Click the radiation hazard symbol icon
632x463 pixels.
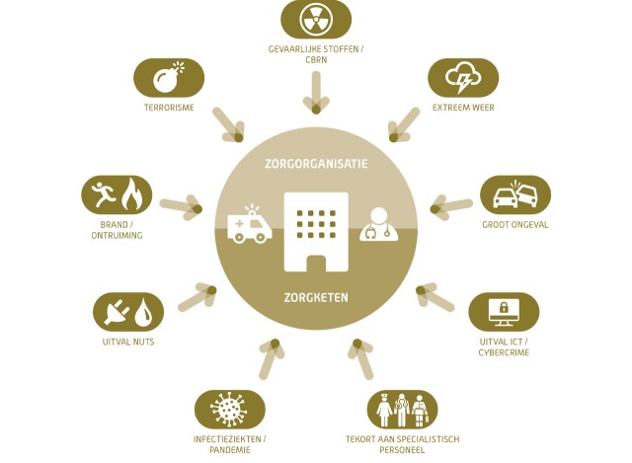[x=316, y=19]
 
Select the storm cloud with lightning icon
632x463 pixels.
[x=463, y=77]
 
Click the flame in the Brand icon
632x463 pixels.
[x=131, y=194]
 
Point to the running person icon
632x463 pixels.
[x=104, y=194]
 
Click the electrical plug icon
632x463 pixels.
[x=117, y=312]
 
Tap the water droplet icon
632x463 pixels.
[x=142, y=312]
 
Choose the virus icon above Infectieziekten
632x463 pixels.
[x=228, y=409]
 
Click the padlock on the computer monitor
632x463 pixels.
[x=504, y=308]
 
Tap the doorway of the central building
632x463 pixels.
[x=316, y=264]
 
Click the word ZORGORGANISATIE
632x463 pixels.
[x=316, y=164]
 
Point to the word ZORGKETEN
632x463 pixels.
[x=316, y=297]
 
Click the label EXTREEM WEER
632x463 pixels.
[x=463, y=108]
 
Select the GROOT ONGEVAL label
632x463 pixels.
[x=515, y=225]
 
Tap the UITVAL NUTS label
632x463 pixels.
[x=128, y=342]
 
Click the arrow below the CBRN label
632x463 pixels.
[x=316, y=92]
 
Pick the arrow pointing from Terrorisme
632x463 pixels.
[x=228, y=124]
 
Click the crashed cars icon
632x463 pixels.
[x=515, y=194]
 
